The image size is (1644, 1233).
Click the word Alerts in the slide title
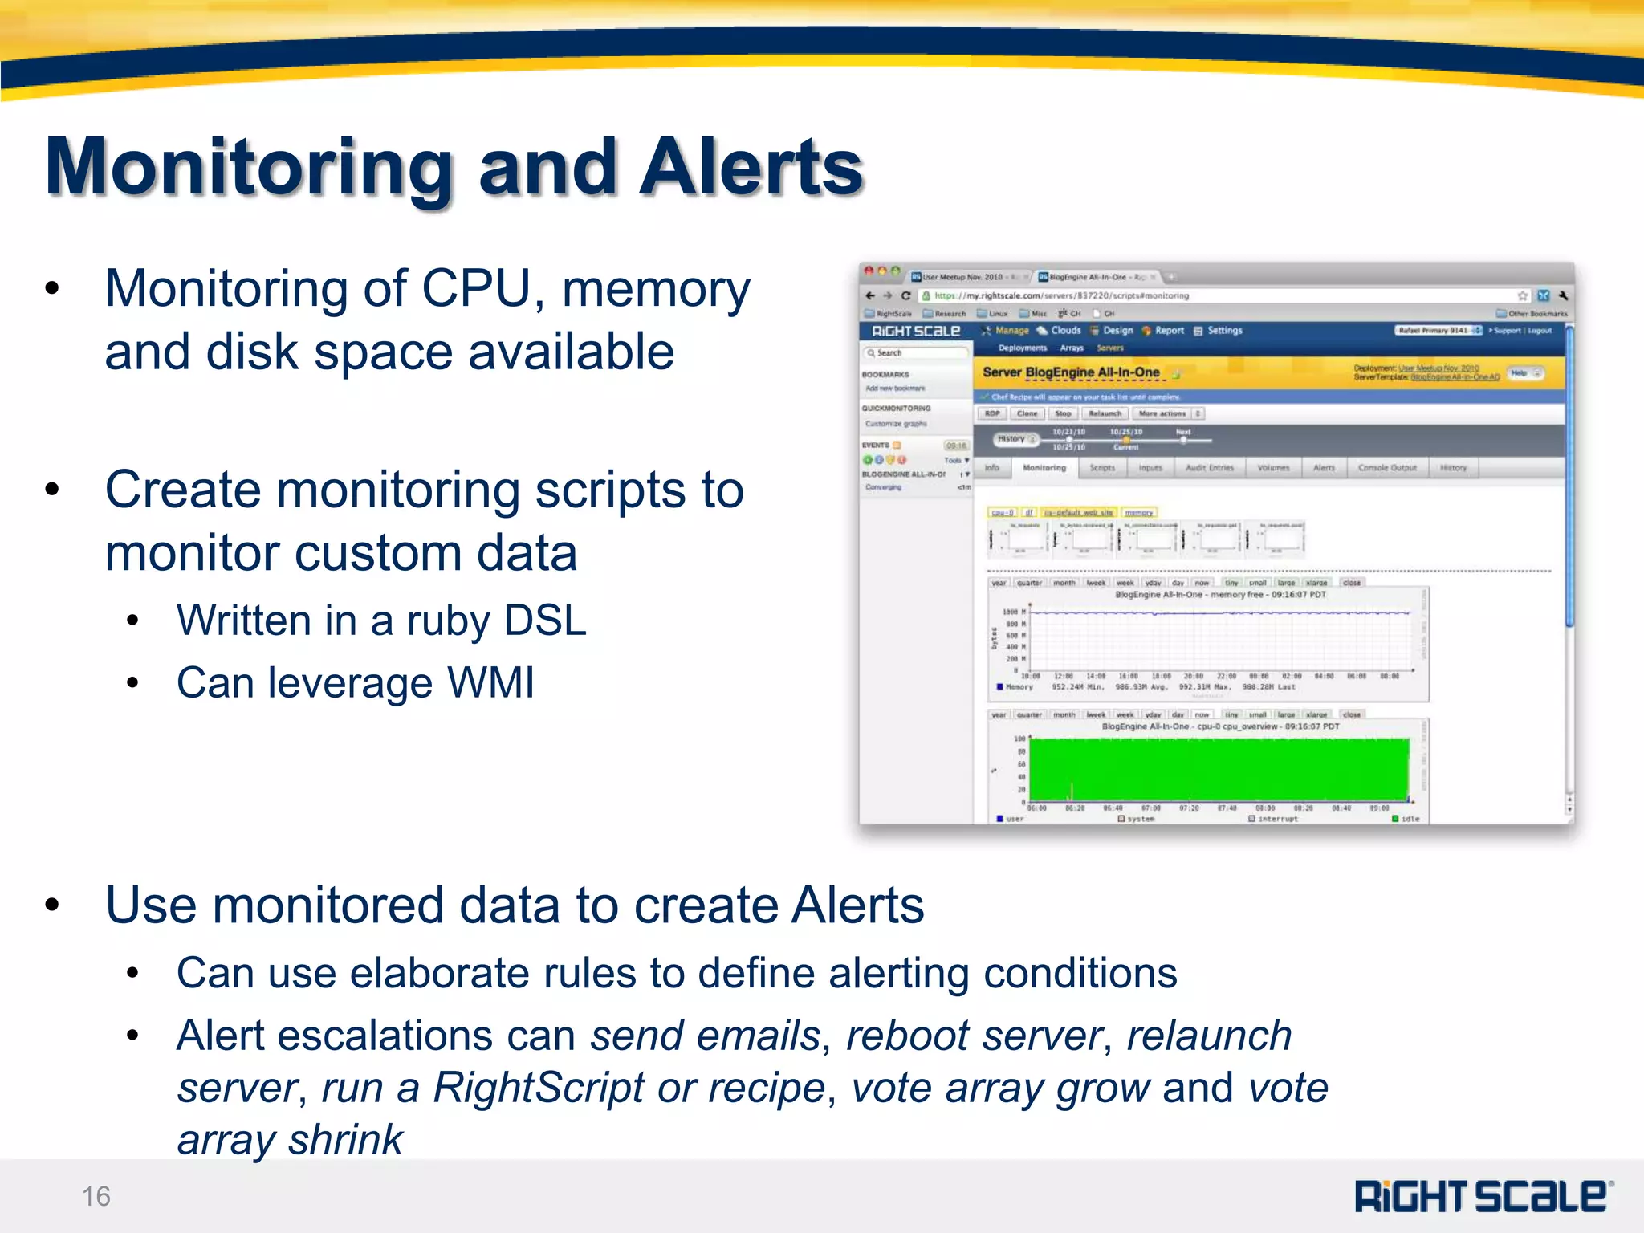click(x=750, y=167)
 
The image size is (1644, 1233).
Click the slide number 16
click(x=96, y=1196)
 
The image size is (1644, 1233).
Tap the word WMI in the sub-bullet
click(x=490, y=683)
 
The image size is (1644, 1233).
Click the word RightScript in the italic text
click(x=539, y=1089)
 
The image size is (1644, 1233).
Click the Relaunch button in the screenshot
click(x=1105, y=414)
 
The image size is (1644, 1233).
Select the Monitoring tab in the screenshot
click(x=1044, y=468)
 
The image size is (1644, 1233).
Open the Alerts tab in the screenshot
click(x=1324, y=468)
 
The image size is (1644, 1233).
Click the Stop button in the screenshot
click(x=1063, y=414)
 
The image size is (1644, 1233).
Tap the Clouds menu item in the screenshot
click(x=1065, y=331)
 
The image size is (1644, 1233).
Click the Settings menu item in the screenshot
click(x=1224, y=331)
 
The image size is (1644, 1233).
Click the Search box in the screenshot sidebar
click(x=915, y=353)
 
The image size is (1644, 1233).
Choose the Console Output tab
click(x=1386, y=468)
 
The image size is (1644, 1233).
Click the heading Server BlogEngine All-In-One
click(x=1071, y=372)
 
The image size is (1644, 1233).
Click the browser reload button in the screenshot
click(x=906, y=296)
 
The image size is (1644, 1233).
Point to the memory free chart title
click(x=1220, y=595)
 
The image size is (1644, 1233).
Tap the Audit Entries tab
click(x=1209, y=468)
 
